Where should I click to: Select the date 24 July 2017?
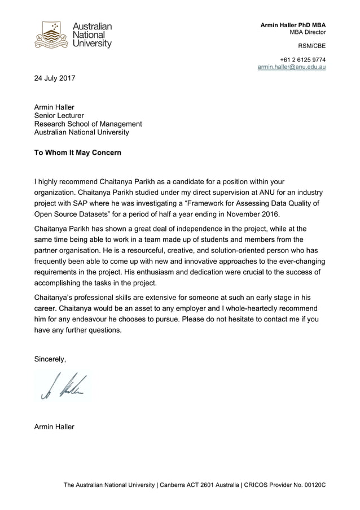click(55, 78)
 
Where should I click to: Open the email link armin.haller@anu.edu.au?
click(291, 67)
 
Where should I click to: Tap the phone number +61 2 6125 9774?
click(302, 59)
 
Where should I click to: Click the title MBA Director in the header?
click(307, 32)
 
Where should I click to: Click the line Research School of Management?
click(88, 124)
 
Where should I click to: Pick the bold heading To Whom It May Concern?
click(78, 152)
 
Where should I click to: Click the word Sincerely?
click(50, 359)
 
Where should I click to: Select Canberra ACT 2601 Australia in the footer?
click(199, 485)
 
